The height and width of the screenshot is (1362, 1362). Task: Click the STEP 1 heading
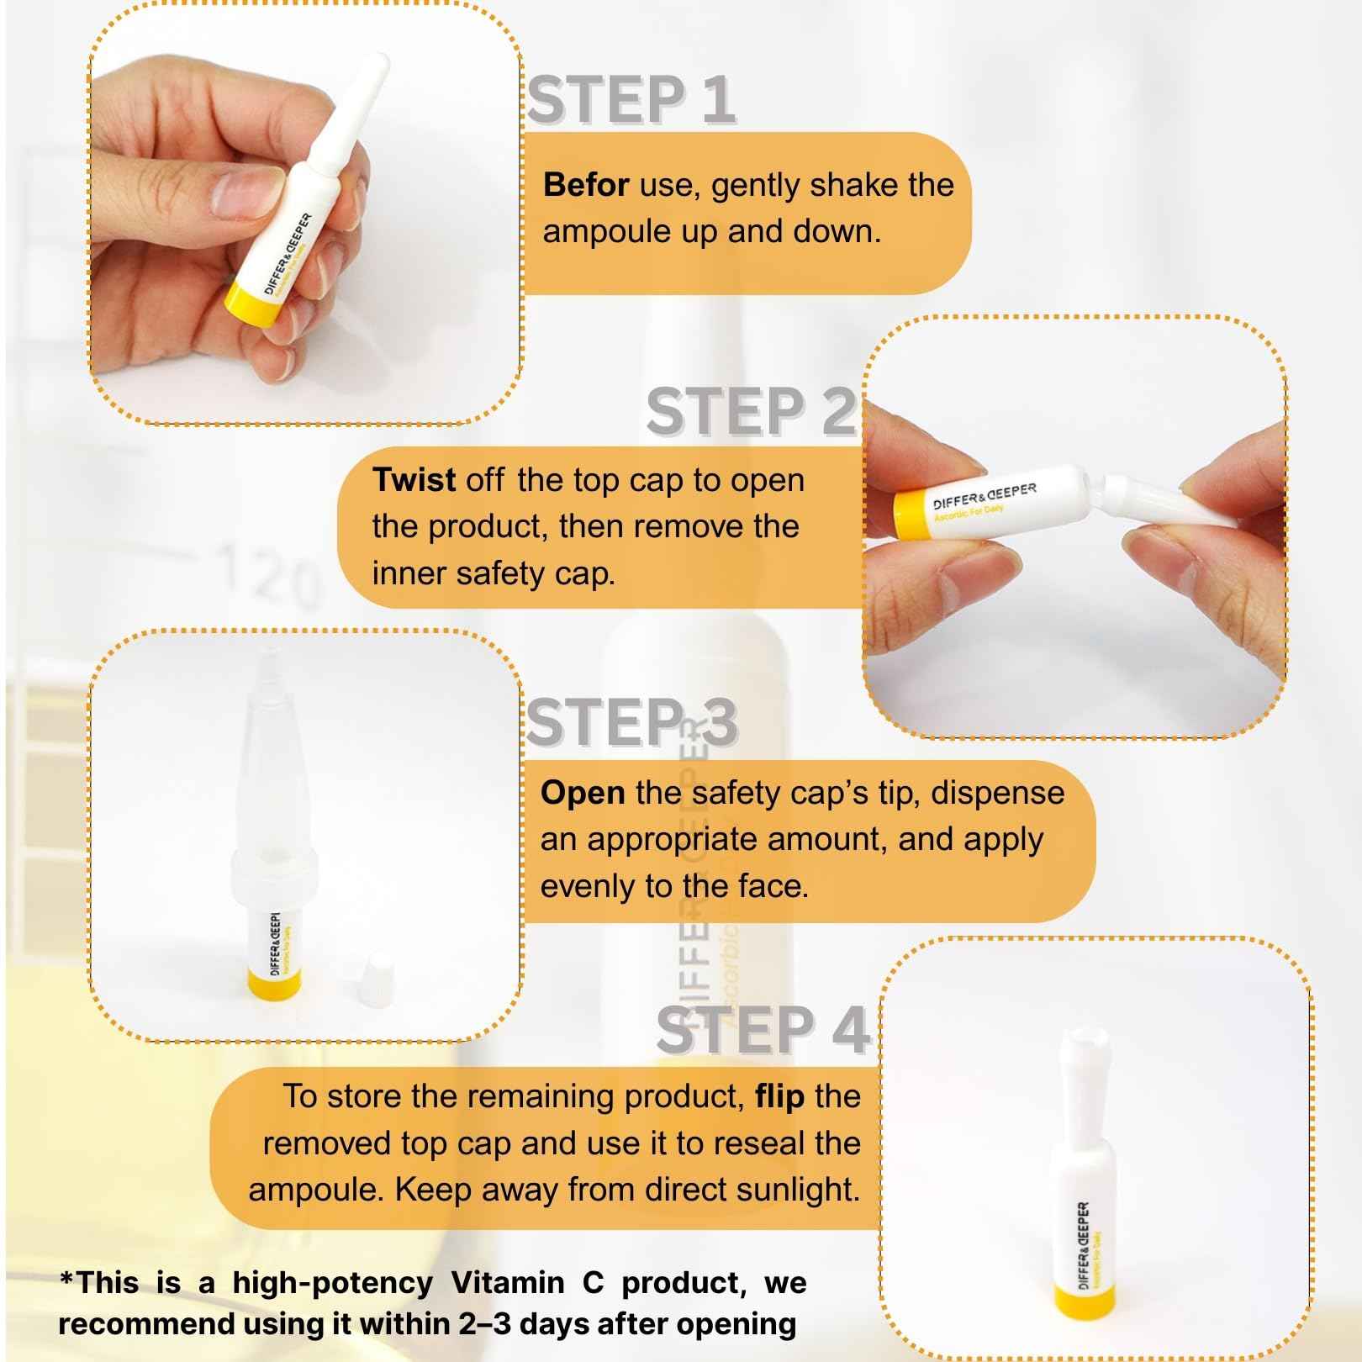coord(631,101)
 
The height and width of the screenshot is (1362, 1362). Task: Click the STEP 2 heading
coord(751,413)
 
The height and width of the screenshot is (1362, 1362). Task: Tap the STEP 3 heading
coord(631,723)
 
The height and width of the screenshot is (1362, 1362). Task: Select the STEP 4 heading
coord(761,1031)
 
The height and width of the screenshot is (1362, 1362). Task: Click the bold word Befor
coord(585,185)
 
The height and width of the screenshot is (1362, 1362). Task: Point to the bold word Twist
coord(414,480)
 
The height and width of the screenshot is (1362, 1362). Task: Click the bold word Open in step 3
coord(582,793)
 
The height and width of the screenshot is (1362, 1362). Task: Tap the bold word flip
coord(779,1097)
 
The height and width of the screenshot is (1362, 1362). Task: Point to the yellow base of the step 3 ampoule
coord(274,981)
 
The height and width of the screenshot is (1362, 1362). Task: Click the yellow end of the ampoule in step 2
coord(911,515)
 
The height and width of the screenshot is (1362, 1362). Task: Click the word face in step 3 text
coord(770,887)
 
